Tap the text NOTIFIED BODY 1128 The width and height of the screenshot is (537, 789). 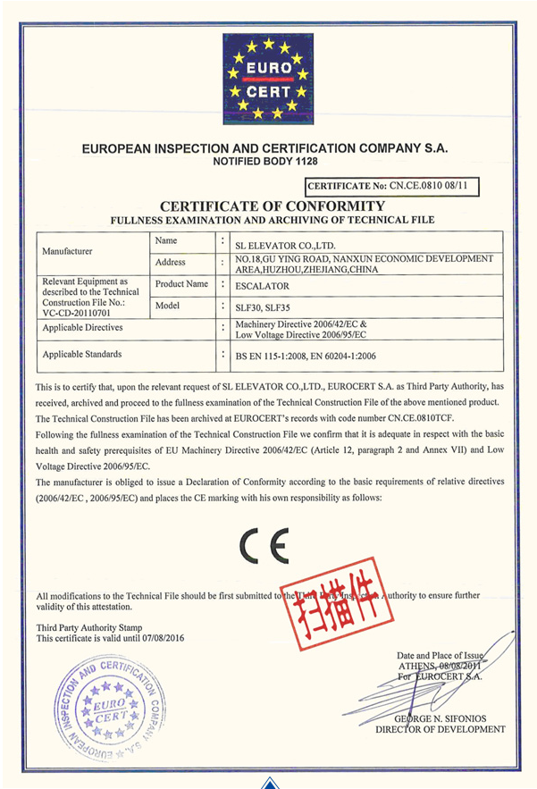pyautogui.click(x=264, y=162)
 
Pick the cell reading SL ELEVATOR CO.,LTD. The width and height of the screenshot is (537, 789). pyautogui.click(x=285, y=243)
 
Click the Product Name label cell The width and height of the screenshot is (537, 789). pyautogui.click(x=181, y=283)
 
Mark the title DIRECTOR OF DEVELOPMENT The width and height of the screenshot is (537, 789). pyautogui.click(x=440, y=729)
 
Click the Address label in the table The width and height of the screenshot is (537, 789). pyautogui.click(x=170, y=263)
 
